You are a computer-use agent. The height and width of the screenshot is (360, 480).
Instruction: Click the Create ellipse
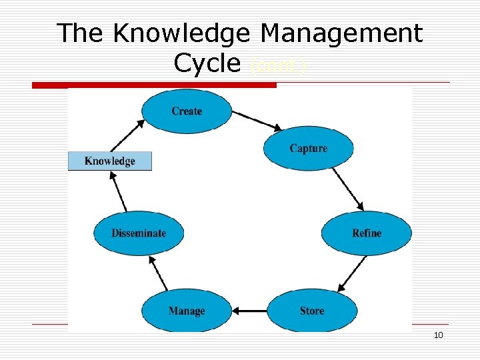pyautogui.click(x=187, y=111)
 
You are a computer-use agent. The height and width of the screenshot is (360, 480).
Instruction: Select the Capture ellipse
pyautogui.click(x=308, y=148)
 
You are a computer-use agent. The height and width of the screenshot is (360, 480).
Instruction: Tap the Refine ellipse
pyautogui.click(x=366, y=233)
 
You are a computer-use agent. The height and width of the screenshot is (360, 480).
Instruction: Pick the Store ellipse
pyautogui.click(x=311, y=311)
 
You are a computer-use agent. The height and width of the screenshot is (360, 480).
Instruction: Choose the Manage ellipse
pyautogui.click(x=187, y=311)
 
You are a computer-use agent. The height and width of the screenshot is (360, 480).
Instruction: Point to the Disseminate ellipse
pyautogui.click(x=138, y=233)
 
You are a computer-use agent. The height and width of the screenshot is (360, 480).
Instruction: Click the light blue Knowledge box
pyautogui.click(x=110, y=161)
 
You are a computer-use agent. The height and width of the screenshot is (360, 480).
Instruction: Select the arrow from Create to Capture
pyautogui.click(x=257, y=121)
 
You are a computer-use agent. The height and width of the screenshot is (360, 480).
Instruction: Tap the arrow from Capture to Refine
pyautogui.click(x=347, y=189)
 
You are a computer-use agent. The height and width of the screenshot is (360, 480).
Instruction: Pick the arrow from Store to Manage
pyautogui.click(x=249, y=311)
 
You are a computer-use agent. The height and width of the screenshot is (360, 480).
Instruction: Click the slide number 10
pyautogui.click(x=438, y=335)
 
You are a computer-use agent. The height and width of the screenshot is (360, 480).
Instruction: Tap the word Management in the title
pyautogui.click(x=341, y=33)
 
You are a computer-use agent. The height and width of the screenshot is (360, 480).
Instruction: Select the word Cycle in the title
pyautogui.click(x=207, y=63)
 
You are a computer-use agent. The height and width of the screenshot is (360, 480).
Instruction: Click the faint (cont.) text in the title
pyautogui.click(x=279, y=67)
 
